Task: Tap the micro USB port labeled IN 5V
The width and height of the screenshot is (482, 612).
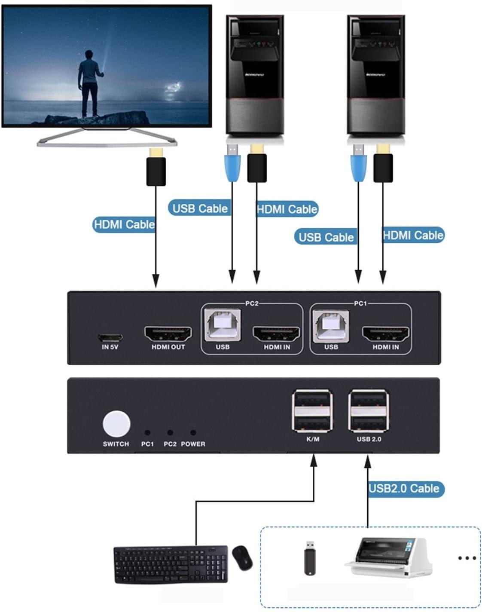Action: (110, 337)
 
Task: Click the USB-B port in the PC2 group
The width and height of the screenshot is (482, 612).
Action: (223, 325)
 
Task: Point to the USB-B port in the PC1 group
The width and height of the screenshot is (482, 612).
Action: (331, 325)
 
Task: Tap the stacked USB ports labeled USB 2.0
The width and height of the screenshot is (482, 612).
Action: (369, 411)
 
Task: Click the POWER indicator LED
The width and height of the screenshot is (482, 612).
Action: (193, 433)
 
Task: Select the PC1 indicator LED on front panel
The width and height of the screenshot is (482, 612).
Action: (147, 433)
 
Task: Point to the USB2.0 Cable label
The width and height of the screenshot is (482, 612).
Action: (404, 489)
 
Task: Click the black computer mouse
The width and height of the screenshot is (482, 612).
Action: (242, 557)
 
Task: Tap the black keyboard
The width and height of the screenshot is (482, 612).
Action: (171, 564)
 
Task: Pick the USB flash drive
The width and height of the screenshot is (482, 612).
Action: (310, 557)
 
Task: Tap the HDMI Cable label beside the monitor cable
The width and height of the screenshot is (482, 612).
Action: (124, 224)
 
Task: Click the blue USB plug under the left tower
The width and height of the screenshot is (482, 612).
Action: (232, 164)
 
